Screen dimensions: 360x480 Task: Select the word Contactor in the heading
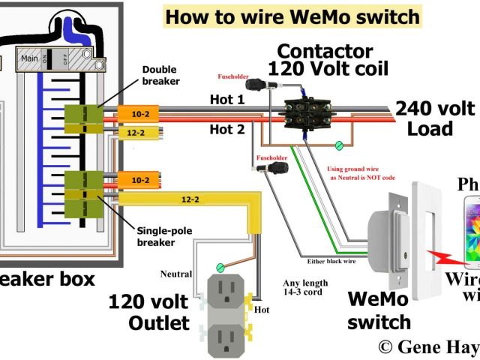coord(325,52)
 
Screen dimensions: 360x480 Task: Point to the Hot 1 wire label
coord(227,100)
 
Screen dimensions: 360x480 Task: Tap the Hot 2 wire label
coord(227,129)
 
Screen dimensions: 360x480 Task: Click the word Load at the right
coord(430,128)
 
